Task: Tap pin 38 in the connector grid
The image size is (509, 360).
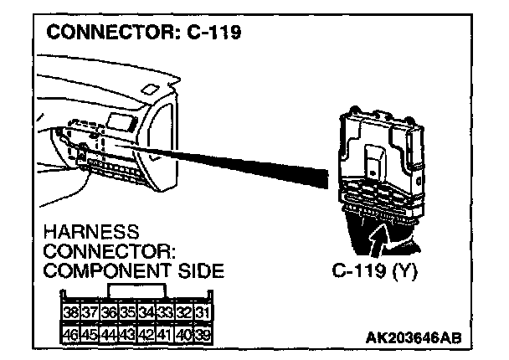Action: coord(73,313)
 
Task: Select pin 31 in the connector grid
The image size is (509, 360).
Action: coord(202,313)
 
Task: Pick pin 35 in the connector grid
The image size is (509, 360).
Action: coord(128,313)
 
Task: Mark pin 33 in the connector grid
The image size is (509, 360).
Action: coord(165,313)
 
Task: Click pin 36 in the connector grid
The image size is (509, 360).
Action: coord(110,313)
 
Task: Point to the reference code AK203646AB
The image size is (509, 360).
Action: coord(413,337)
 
